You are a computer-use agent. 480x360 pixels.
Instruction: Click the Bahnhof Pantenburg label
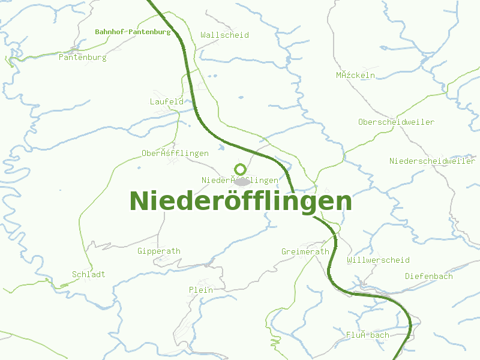click(133, 31)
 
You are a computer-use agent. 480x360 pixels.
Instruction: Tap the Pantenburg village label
click(82, 58)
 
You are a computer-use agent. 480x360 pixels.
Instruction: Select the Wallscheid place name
click(224, 35)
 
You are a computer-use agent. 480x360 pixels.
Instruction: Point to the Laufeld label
click(166, 101)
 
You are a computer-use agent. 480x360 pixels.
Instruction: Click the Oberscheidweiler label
click(396, 122)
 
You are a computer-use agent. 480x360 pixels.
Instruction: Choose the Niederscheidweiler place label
click(432, 161)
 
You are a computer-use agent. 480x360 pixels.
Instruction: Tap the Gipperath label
click(158, 251)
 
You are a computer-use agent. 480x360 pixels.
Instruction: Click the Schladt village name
click(88, 274)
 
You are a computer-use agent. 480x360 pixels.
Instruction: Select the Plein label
click(200, 290)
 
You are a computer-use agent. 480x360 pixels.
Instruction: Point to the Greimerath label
click(305, 251)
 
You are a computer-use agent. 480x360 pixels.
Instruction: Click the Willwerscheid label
click(378, 260)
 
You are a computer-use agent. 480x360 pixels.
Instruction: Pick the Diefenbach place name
click(428, 276)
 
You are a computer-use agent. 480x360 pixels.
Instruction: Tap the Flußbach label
click(367, 335)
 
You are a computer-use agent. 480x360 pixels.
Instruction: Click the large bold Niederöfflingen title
click(240, 201)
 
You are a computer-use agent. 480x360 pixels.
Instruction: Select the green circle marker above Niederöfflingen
click(241, 169)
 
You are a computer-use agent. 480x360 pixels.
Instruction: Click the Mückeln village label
click(355, 75)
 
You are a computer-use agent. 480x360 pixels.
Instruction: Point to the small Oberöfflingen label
click(175, 153)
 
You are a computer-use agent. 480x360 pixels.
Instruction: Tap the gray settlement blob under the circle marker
click(241, 181)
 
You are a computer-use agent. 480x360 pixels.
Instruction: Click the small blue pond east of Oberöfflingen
click(221, 146)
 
